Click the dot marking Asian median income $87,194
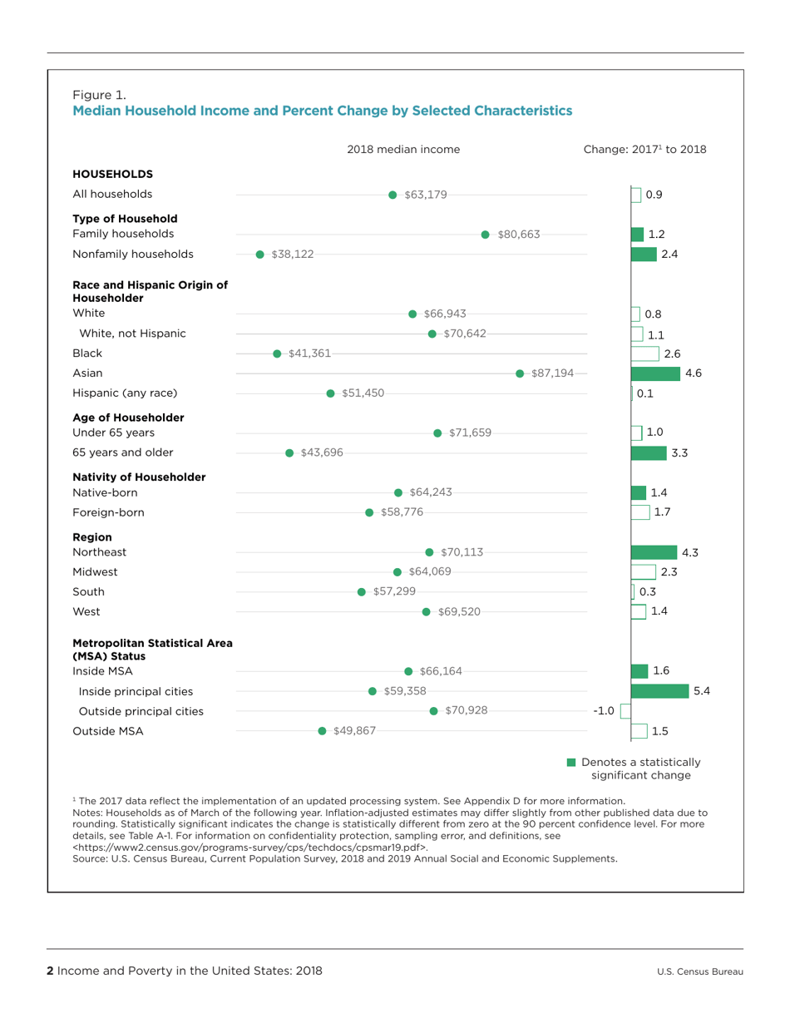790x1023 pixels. (x=521, y=373)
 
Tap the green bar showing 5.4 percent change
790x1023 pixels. (x=660, y=691)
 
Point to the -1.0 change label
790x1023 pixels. (x=603, y=711)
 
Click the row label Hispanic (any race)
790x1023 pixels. (x=126, y=393)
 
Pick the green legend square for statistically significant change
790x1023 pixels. (x=571, y=763)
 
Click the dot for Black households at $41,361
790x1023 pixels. (x=278, y=354)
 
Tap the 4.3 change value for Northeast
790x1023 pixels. (x=690, y=552)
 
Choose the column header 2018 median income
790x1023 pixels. (x=403, y=150)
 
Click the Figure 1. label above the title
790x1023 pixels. (x=100, y=93)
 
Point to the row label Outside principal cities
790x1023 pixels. (x=141, y=711)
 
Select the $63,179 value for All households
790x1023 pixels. (x=426, y=195)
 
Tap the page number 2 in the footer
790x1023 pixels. (x=51, y=971)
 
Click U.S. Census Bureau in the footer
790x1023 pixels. (x=699, y=971)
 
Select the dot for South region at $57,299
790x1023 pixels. (x=361, y=592)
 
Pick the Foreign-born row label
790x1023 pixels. (x=109, y=512)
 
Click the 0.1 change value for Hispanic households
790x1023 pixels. (x=644, y=393)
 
